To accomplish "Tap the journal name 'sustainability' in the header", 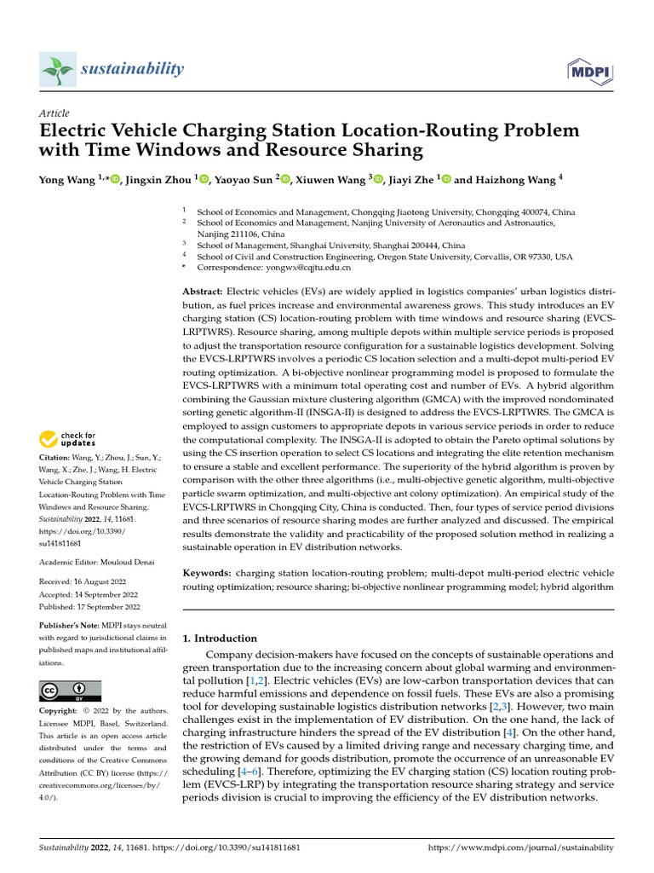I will point(132,68).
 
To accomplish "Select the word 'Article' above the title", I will point(54,113).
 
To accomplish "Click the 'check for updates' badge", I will point(69,440).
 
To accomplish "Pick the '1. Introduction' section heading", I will point(220,638).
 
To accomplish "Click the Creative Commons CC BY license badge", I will point(71,691).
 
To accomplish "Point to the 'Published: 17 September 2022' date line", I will point(89,606).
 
